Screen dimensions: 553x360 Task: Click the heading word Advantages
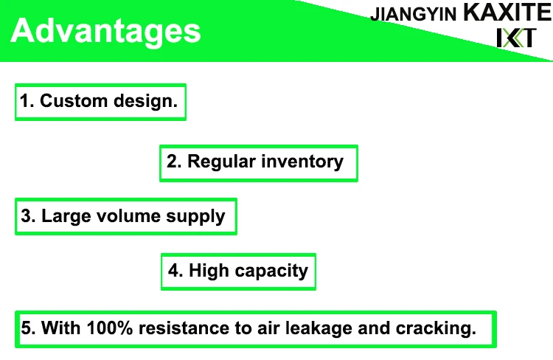[x=106, y=32]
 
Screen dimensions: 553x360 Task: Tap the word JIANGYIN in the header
[x=414, y=15]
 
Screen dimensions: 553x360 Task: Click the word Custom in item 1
[x=69, y=102]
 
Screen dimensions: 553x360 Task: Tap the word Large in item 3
[x=62, y=217]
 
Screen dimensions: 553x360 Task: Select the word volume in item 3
[x=122, y=217]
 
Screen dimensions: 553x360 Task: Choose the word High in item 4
[x=209, y=271]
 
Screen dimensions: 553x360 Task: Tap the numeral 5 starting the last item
[x=26, y=328]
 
